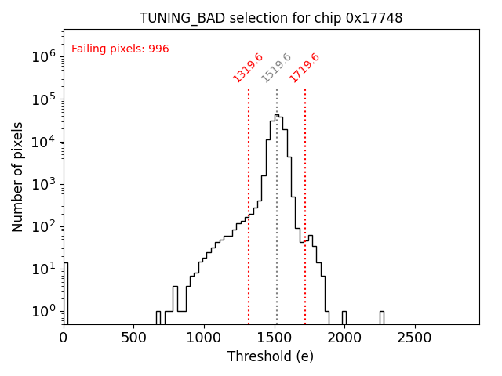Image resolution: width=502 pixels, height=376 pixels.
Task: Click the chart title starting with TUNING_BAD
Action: [271, 18]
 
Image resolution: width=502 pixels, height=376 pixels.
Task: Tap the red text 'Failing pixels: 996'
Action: [120, 49]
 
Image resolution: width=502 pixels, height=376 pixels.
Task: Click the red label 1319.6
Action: [248, 67]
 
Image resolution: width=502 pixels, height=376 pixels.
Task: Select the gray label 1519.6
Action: [276, 67]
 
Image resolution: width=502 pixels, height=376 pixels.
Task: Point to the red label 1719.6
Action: [304, 67]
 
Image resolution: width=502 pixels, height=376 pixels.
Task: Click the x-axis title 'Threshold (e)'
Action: [271, 356]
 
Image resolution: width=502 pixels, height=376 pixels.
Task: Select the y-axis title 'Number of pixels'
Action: [18, 176]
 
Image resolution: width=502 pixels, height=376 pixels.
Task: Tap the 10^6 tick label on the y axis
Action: [42, 56]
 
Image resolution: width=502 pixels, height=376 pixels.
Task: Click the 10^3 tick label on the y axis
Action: [42, 184]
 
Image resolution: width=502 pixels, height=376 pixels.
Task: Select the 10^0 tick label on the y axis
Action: [42, 312]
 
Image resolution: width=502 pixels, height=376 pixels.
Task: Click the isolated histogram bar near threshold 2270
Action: [382, 317]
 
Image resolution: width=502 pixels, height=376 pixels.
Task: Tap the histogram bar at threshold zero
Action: [66, 294]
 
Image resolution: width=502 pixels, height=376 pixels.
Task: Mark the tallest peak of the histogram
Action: [276, 116]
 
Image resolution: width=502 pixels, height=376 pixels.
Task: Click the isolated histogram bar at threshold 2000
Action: [344, 317]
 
